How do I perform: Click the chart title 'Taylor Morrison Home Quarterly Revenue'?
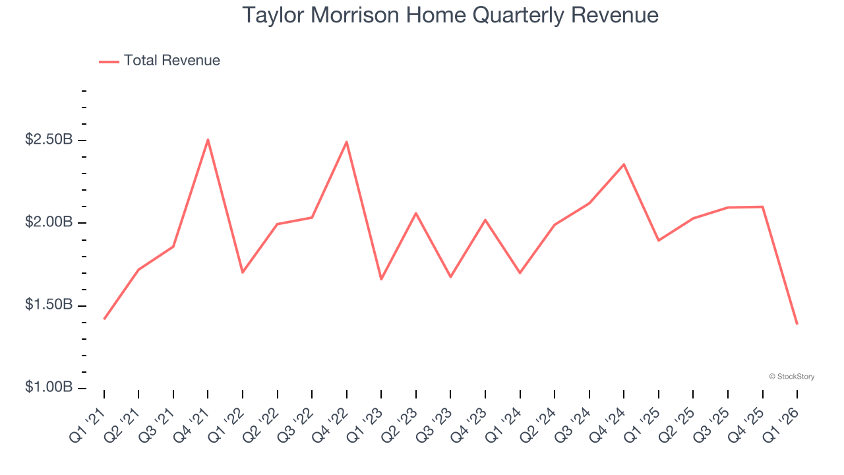click(450, 15)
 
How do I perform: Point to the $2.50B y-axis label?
click(49, 140)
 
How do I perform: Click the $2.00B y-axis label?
click(49, 222)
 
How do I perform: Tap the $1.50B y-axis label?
click(49, 305)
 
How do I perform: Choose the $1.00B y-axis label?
click(49, 387)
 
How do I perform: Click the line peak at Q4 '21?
click(208, 139)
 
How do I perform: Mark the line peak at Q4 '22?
click(346, 142)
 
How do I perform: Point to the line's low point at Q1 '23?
click(381, 279)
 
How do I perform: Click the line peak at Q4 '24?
click(624, 164)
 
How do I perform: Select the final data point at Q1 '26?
click(797, 324)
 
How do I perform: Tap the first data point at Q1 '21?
click(104, 319)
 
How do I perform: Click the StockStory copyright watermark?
click(791, 377)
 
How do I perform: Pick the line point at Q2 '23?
click(416, 212)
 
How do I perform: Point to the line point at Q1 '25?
click(659, 240)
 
